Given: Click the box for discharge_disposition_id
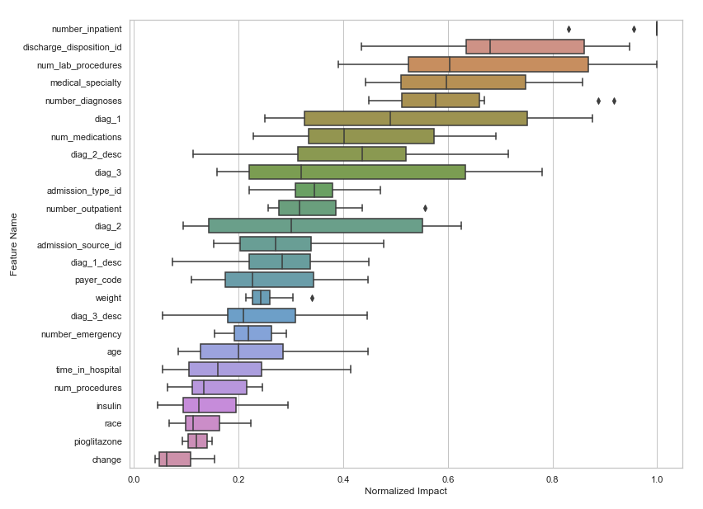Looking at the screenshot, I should [525, 46].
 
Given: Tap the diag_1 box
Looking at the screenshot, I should [416, 118].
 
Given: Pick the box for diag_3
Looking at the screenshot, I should [357, 172].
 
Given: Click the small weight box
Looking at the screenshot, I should [261, 298].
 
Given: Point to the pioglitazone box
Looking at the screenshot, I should [197, 441].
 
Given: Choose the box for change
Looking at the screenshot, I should [175, 459].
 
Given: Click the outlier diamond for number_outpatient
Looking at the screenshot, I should [425, 208].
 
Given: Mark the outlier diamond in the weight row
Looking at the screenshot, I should [312, 298].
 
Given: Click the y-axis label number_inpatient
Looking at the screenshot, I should [87, 29].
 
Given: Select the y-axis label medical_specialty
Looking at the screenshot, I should [86, 82].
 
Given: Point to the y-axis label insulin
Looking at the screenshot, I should [108, 406].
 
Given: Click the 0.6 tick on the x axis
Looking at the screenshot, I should [447, 478].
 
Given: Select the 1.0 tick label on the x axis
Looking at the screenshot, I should [657, 478].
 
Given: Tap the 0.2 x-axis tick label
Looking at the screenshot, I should [238, 478].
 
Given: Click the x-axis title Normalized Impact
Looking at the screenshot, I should [405, 492].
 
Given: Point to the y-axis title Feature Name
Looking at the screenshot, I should [14, 243].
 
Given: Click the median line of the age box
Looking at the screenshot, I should [238, 351].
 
